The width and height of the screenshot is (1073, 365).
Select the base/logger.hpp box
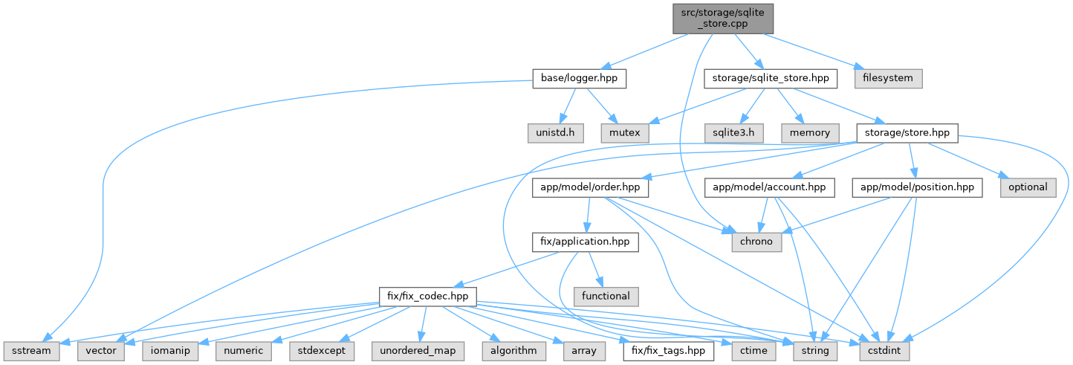click(579, 78)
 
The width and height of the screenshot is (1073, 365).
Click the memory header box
click(809, 132)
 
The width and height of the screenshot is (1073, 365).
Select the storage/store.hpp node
click(907, 132)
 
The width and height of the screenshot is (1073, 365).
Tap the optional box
click(1028, 187)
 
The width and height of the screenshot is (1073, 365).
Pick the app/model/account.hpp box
click(769, 187)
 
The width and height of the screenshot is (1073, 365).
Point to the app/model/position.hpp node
click(917, 187)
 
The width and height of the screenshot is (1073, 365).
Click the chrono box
click(757, 241)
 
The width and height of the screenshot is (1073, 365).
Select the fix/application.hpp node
click(585, 241)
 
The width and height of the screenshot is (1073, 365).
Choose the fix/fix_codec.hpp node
click(427, 295)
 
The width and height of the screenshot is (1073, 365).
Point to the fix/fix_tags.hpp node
click(668, 349)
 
